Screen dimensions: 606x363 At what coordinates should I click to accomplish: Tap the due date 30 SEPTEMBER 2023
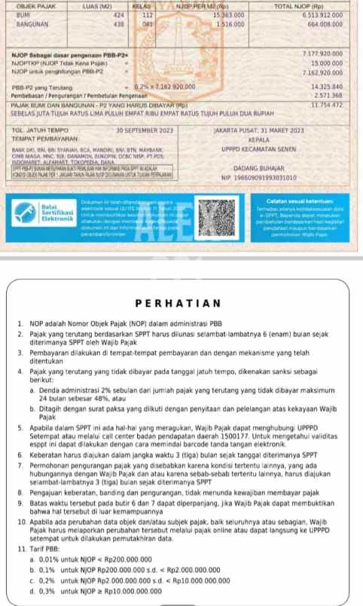(146, 130)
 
